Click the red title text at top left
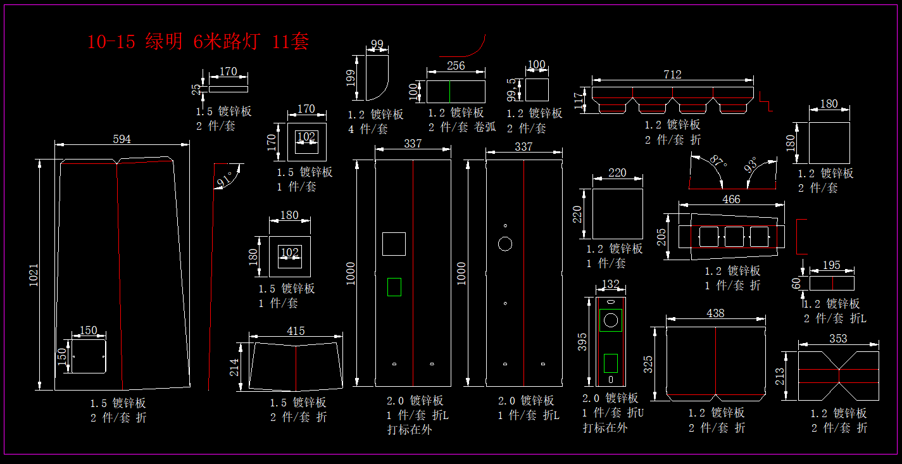[198, 42]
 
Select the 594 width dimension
[122, 139]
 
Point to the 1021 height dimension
[34, 275]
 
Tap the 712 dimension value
[672, 75]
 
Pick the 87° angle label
[719, 161]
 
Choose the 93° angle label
[751, 165]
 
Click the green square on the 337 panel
[394, 287]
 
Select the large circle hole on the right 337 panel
[505, 244]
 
